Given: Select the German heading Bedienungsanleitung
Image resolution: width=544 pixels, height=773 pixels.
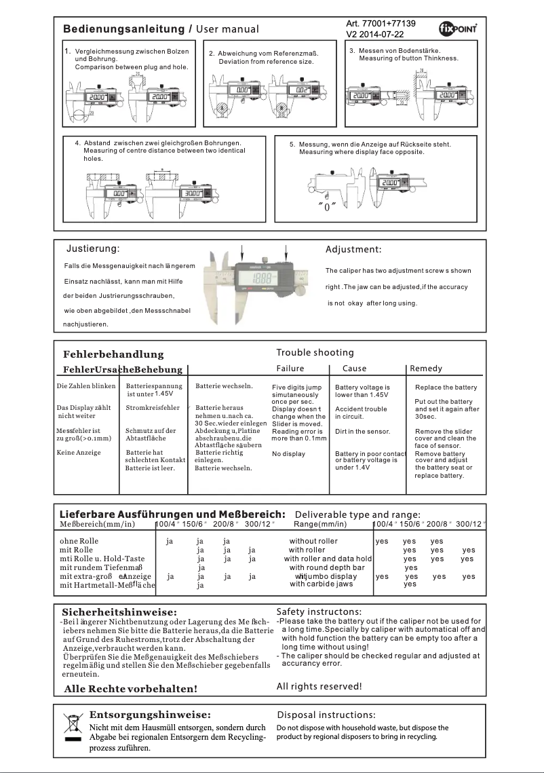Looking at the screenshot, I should (x=123, y=29).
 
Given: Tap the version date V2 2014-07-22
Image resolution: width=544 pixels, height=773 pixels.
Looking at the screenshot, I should (x=374, y=34).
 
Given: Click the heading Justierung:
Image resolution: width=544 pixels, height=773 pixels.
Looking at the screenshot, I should (x=93, y=249).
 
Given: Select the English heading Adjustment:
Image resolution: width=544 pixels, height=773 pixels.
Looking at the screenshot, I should (x=353, y=250).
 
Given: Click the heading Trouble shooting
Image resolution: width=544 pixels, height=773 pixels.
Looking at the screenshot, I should (x=315, y=352).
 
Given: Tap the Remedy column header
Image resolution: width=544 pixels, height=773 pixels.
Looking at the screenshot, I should (x=427, y=369).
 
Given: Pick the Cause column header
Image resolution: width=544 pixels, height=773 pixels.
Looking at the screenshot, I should (x=354, y=369).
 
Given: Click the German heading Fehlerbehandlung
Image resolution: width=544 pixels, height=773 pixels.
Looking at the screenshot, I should (x=113, y=354).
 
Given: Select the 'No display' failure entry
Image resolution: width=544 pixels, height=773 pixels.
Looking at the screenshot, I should (x=288, y=454).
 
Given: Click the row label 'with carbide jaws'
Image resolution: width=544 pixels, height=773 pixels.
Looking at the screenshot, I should (x=321, y=584).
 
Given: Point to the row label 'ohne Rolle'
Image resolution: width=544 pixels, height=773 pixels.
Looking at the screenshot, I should (x=79, y=541).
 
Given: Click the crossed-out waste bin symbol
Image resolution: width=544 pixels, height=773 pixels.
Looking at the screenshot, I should (x=72, y=728).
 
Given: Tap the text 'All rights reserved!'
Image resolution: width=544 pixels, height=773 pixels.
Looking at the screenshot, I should (x=319, y=686).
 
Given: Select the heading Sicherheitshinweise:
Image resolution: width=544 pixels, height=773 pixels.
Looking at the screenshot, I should (x=119, y=613).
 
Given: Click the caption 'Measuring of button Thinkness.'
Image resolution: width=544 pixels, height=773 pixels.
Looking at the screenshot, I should (x=408, y=58).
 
